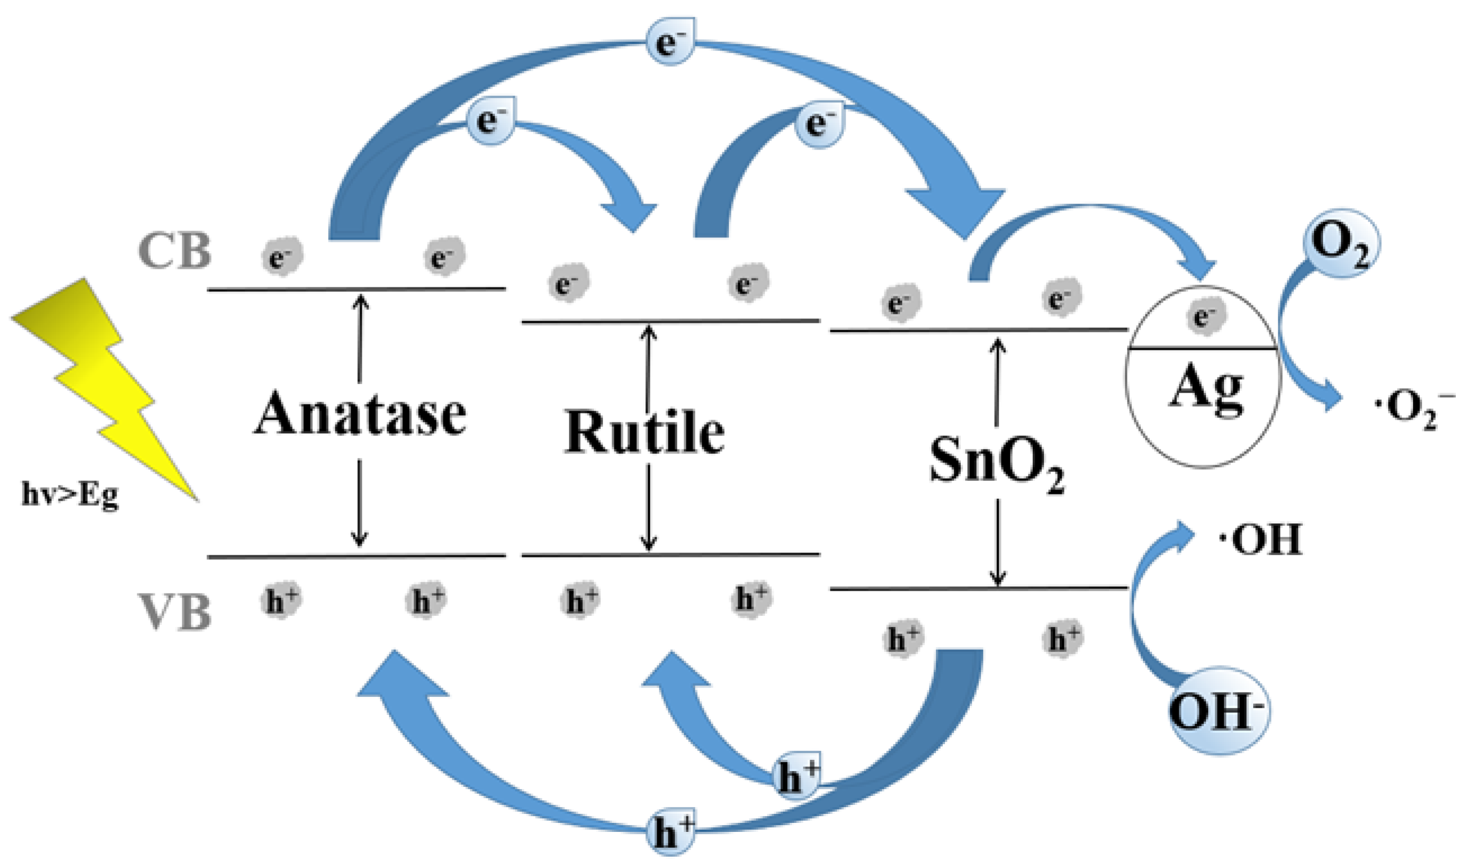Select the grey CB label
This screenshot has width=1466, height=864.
click(x=174, y=251)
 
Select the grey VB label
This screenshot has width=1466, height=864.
click(x=174, y=613)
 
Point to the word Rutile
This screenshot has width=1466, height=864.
click(x=645, y=432)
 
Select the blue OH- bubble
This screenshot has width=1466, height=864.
click(x=1218, y=712)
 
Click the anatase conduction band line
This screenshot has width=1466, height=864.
click(x=356, y=289)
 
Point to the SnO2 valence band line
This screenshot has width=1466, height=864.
click(x=978, y=588)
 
